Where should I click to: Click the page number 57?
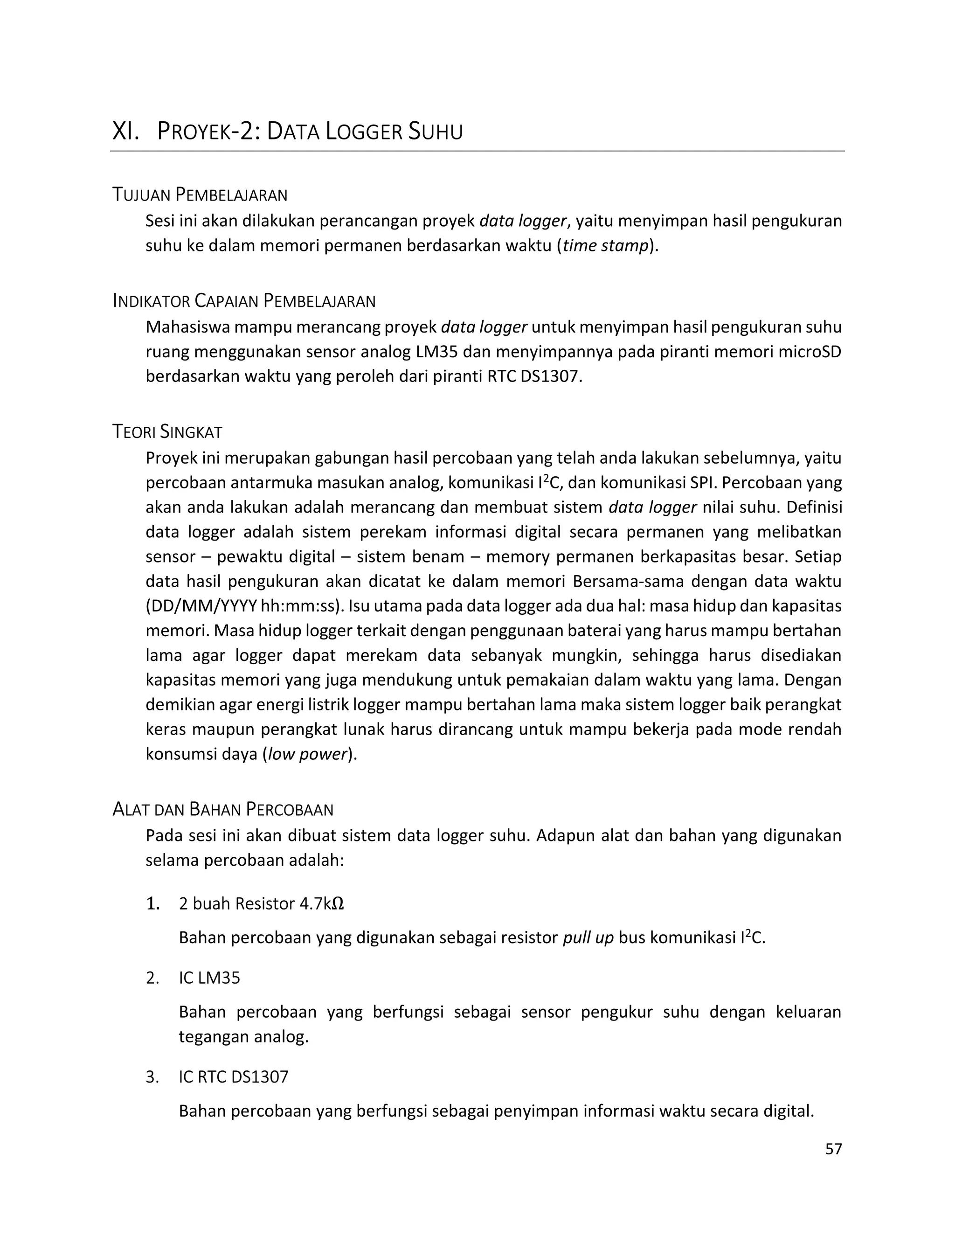point(833,1149)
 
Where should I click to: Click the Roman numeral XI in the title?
point(125,132)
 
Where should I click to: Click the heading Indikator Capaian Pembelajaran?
point(244,301)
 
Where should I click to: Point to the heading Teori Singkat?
point(167,432)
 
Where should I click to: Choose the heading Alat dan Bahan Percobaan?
point(223,810)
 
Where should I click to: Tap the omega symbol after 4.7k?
point(337,904)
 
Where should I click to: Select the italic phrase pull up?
point(588,938)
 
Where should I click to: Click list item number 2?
point(152,978)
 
